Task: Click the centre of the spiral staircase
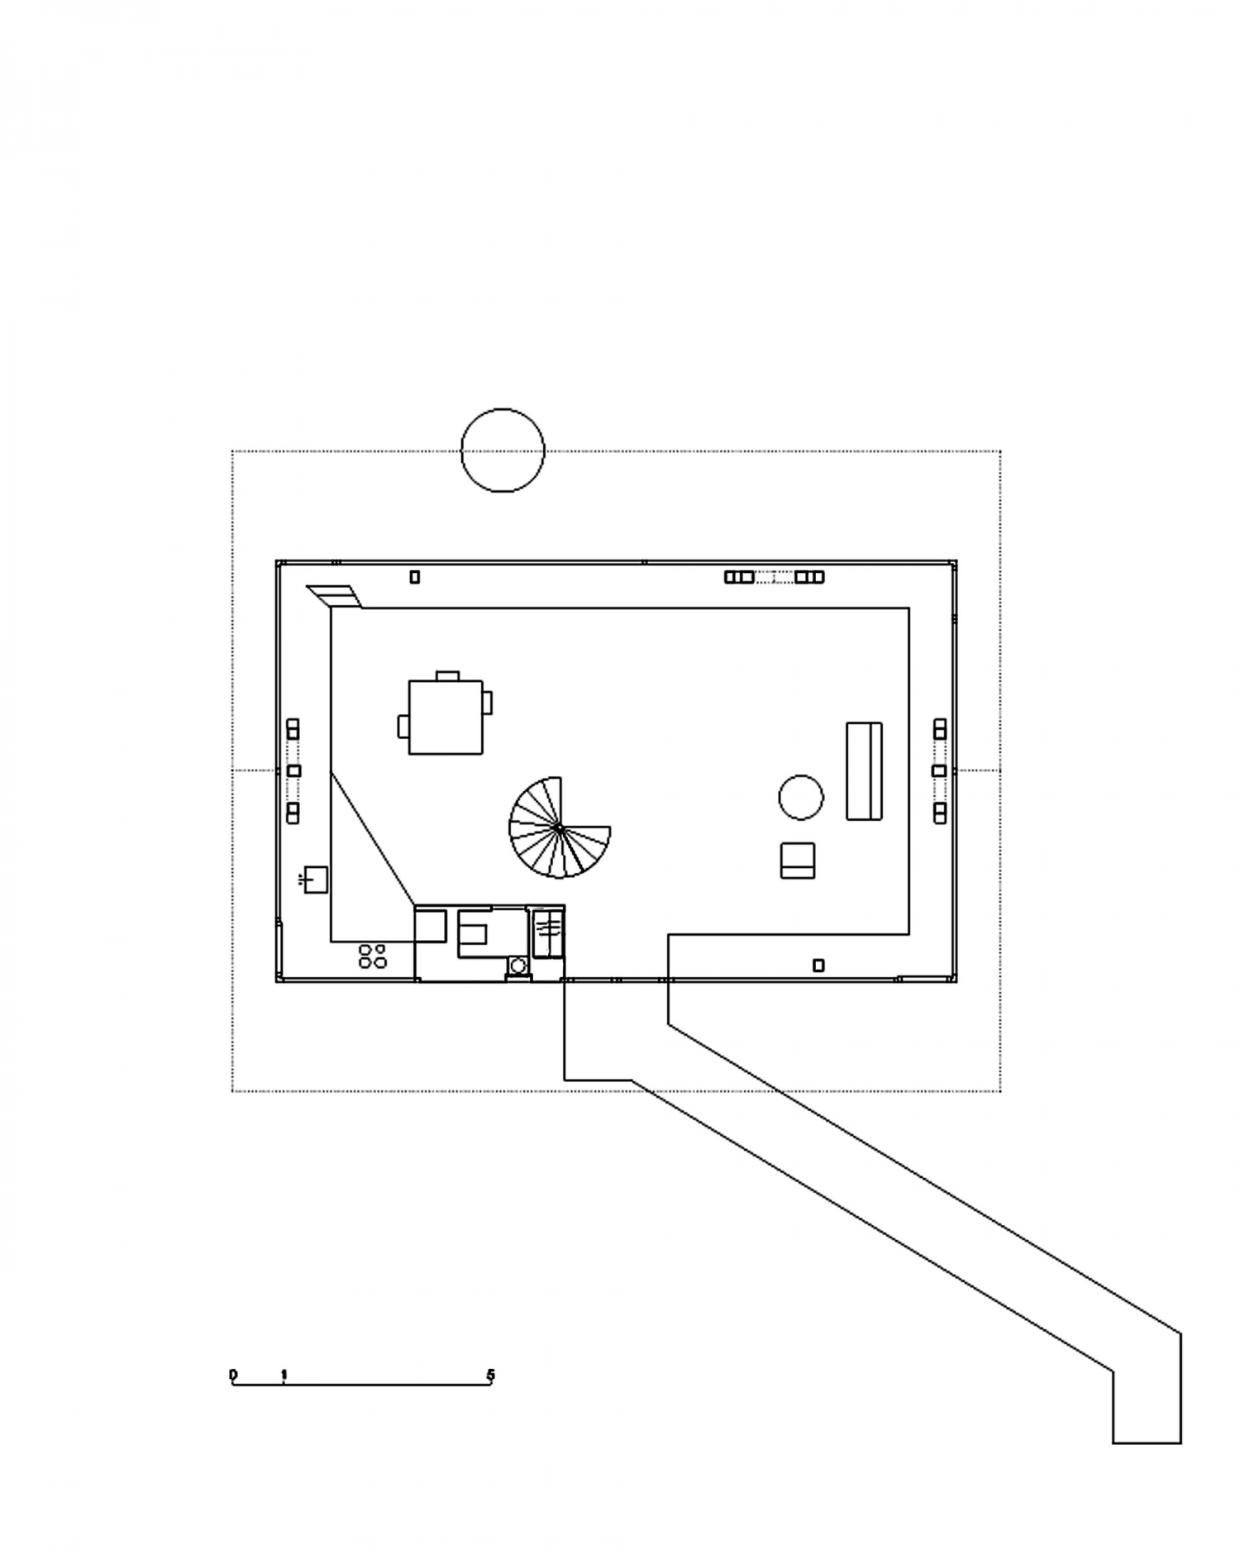click(560, 827)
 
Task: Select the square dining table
click(446, 717)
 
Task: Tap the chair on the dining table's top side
click(447, 675)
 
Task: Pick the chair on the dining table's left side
click(403, 726)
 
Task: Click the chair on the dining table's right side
click(488, 702)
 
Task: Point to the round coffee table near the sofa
click(801, 798)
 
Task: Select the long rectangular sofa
click(864, 771)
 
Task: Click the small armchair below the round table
click(798, 860)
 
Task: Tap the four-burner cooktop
click(373, 956)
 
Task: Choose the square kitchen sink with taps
click(316, 879)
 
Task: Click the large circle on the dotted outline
click(503, 451)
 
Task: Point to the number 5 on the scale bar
click(490, 1376)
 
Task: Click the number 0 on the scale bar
click(233, 1376)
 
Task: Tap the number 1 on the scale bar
click(284, 1376)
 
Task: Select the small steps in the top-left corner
click(335, 596)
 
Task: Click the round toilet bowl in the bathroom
click(518, 965)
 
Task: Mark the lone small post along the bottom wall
click(818, 965)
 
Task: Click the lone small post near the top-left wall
click(415, 577)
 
